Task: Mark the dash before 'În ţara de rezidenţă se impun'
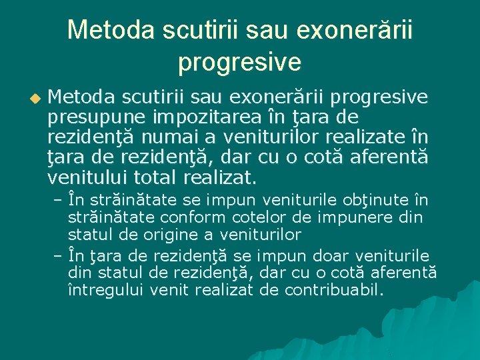click(x=57, y=257)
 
